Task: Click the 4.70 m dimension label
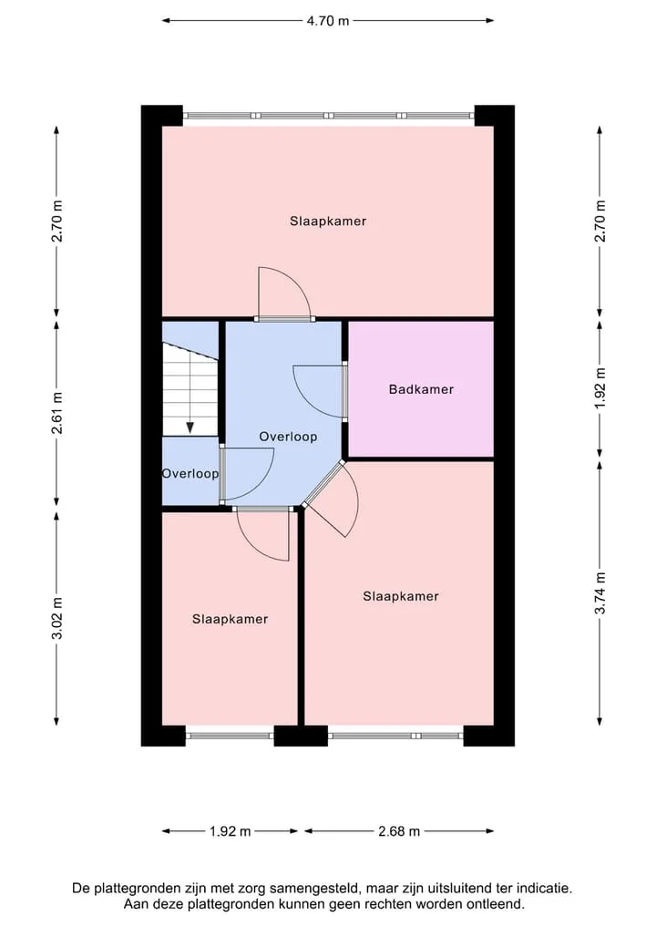click(328, 21)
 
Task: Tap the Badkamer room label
click(421, 389)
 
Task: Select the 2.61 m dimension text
click(56, 413)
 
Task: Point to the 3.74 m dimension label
click(600, 593)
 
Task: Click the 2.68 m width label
click(399, 831)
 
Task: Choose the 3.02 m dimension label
click(56, 618)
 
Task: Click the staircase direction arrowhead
click(190, 428)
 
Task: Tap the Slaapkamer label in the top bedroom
click(328, 221)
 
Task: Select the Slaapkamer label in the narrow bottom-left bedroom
click(230, 619)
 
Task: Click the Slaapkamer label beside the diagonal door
click(401, 596)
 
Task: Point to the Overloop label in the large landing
click(289, 437)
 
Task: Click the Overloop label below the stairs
click(190, 474)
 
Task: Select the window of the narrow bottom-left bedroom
click(230, 736)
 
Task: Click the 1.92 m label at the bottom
click(230, 831)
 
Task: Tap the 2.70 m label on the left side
click(56, 221)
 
